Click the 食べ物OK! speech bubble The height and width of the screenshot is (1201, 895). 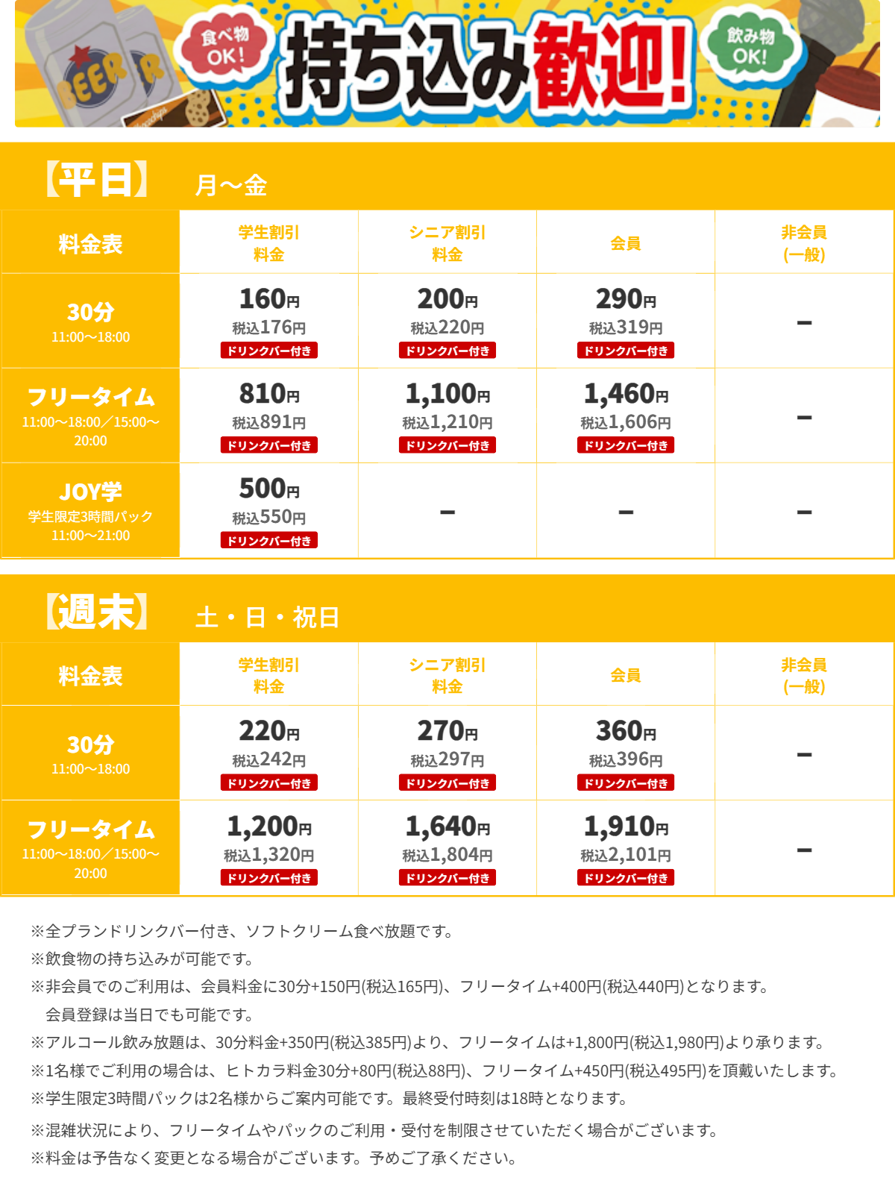tap(223, 46)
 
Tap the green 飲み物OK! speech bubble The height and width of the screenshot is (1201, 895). tap(750, 46)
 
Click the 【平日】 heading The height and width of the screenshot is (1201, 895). tap(96, 180)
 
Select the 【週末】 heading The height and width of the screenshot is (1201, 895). tap(96, 612)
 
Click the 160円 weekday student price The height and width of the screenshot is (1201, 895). tap(268, 299)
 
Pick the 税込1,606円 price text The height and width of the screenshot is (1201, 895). tap(626, 423)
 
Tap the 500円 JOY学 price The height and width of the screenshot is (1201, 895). tap(268, 489)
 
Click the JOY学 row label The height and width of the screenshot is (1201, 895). tap(90, 492)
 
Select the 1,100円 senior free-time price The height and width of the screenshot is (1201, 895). tap(447, 394)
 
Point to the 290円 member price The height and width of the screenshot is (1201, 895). tap(626, 299)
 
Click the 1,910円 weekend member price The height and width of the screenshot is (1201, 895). tap(626, 827)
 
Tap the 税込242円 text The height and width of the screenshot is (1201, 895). tap(268, 760)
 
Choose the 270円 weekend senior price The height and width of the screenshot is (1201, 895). tap(447, 731)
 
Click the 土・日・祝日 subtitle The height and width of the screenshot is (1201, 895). tap(267, 618)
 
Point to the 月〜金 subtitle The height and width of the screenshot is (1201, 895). tap(230, 185)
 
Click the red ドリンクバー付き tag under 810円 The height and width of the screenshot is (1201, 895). tap(268, 445)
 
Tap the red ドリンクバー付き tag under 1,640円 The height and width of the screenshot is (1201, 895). tap(447, 878)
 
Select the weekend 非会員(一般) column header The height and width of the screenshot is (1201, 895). tap(804, 675)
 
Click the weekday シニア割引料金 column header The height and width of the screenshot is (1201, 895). tap(447, 243)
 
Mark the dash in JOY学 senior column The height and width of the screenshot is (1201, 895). tap(447, 512)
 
